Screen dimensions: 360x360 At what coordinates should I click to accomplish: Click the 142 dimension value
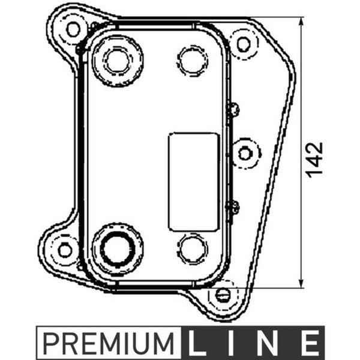tap(315, 160)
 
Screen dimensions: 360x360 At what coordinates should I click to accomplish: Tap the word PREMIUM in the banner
tap(109, 343)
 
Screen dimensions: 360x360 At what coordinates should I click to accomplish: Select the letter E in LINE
tap(311, 343)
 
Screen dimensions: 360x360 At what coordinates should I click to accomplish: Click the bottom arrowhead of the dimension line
tap(302, 283)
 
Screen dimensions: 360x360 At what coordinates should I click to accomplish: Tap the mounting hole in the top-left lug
tap(73, 29)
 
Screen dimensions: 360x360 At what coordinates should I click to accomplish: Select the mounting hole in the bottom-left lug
tap(65, 250)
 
